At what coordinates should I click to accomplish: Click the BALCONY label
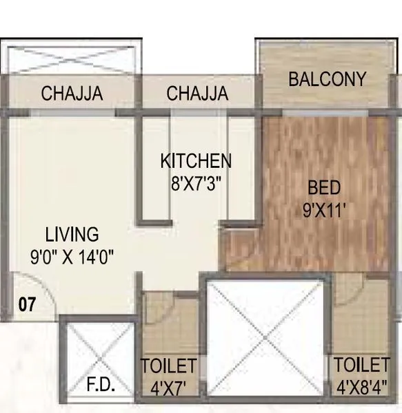327,79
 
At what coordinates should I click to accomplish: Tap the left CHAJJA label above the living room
72,94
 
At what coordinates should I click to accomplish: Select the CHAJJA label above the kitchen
197,94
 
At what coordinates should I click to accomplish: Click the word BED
323,187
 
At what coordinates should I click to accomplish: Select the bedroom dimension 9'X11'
323,209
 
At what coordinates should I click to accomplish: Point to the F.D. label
101,383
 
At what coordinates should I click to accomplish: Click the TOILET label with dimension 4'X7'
169,366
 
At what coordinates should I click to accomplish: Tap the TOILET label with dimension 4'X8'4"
362,364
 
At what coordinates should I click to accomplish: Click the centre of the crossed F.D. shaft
96,358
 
